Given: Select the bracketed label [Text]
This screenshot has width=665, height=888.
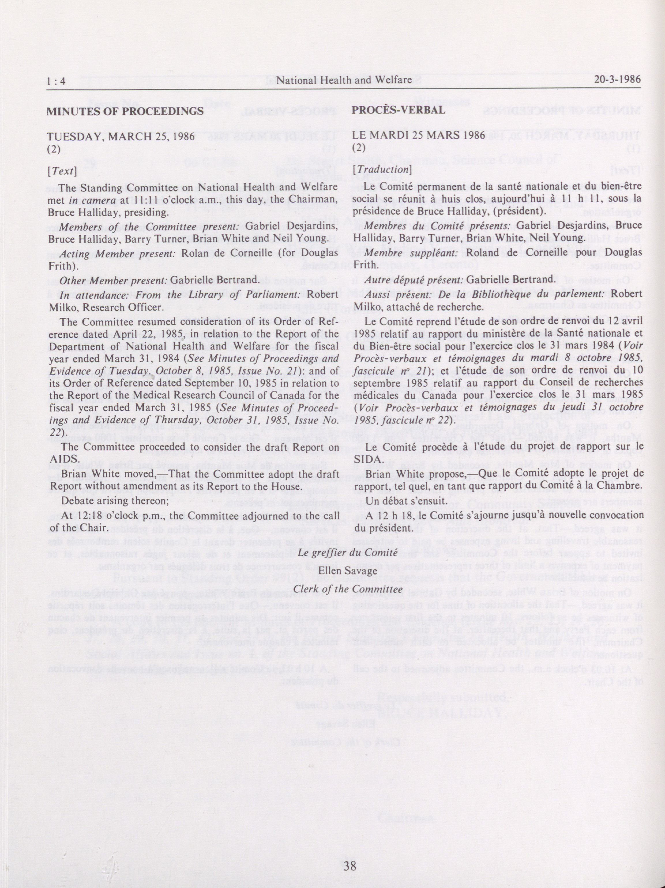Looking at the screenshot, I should point(61,170).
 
